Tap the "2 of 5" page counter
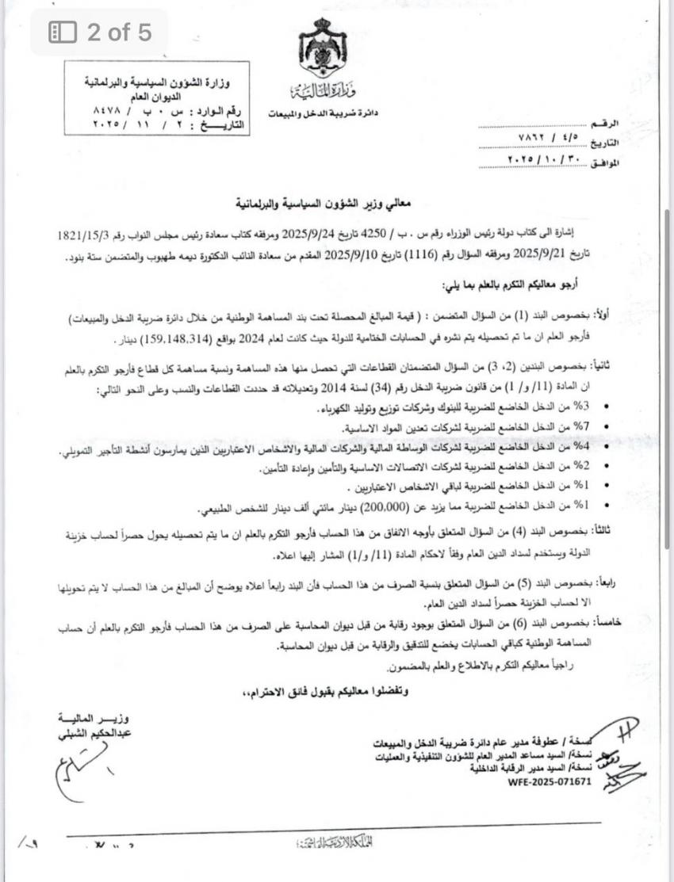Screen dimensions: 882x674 tap(119, 32)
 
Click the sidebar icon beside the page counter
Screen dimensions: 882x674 tap(63, 32)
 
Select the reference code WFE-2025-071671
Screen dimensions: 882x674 tap(551, 781)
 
